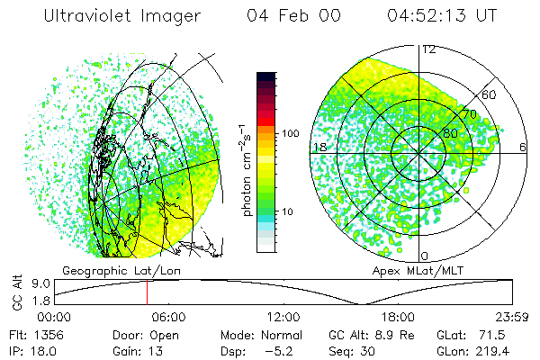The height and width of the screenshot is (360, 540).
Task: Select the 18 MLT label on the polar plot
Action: [317, 147]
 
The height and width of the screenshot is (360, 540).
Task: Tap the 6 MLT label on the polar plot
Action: [523, 147]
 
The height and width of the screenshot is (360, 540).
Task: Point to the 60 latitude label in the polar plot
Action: [490, 94]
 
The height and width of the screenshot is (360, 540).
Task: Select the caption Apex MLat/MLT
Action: [409, 270]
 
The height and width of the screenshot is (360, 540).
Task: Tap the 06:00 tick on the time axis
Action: [168, 317]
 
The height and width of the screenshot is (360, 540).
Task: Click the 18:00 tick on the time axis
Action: [398, 317]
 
